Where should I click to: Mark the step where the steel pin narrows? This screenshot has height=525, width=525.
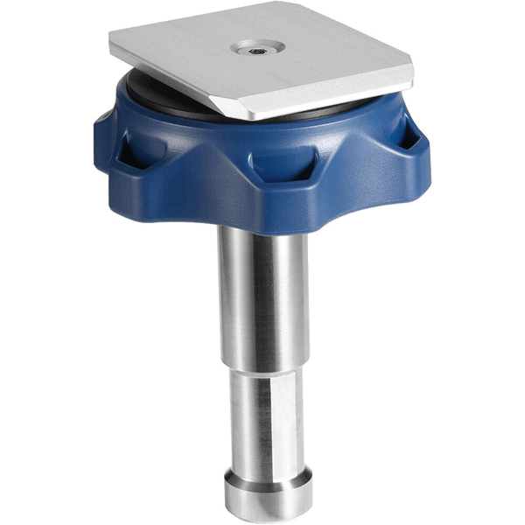[262, 367]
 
